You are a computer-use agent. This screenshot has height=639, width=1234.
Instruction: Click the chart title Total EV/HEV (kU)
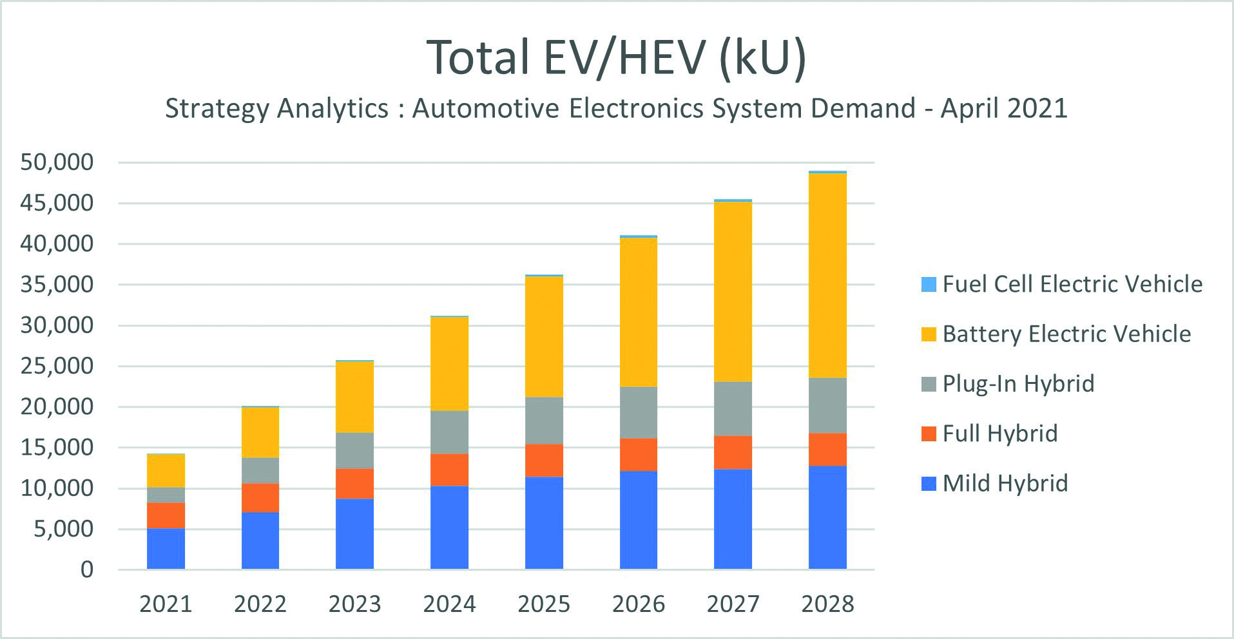[x=616, y=58]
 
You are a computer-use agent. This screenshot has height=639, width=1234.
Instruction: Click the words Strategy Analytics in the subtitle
[x=276, y=108]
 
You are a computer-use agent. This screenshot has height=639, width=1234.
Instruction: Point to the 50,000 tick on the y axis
[x=57, y=162]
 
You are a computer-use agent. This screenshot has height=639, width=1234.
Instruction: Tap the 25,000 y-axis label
[x=57, y=366]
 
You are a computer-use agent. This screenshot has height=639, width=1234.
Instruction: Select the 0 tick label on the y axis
[x=86, y=569]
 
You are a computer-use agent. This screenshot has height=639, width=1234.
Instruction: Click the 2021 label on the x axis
[x=166, y=604]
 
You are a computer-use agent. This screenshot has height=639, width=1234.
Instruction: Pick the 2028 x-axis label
[x=827, y=604]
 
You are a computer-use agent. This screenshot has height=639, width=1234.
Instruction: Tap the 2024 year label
[x=449, y=604]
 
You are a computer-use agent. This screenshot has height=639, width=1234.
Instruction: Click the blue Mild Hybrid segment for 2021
[x=166, y=548]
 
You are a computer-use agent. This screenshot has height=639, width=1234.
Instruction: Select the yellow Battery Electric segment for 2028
[x=827, y=275]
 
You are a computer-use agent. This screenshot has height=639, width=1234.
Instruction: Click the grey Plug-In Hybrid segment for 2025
[x=544, y=420]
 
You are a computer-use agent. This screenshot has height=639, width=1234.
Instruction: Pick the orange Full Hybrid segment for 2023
[x=354, y=483]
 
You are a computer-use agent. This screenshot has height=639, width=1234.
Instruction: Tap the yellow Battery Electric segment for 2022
[x=260, y=432]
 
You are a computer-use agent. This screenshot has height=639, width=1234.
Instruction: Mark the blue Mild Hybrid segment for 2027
[x=733, y=519]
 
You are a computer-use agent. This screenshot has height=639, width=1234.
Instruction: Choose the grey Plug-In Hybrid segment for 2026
[x=639, y=412]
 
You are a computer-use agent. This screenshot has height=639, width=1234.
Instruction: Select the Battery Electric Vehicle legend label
[x=1066, y=334]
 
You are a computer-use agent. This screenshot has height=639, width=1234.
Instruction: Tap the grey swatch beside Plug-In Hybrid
[x=929, y=384]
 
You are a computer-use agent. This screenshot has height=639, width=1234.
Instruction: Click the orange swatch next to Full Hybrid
[x=929, y=434]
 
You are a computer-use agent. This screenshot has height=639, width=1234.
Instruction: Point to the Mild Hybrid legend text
[x=1005, y=483]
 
